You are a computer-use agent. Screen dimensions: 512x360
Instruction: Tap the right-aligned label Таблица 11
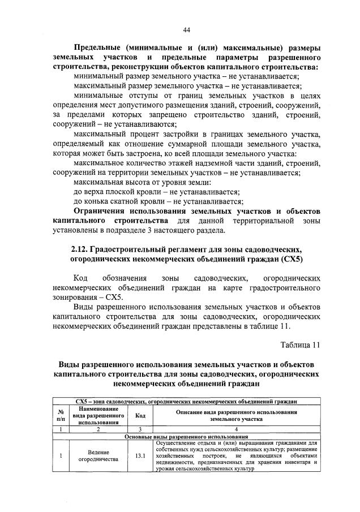pos(300,345)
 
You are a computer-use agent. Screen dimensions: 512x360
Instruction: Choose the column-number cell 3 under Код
pos(140,429)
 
